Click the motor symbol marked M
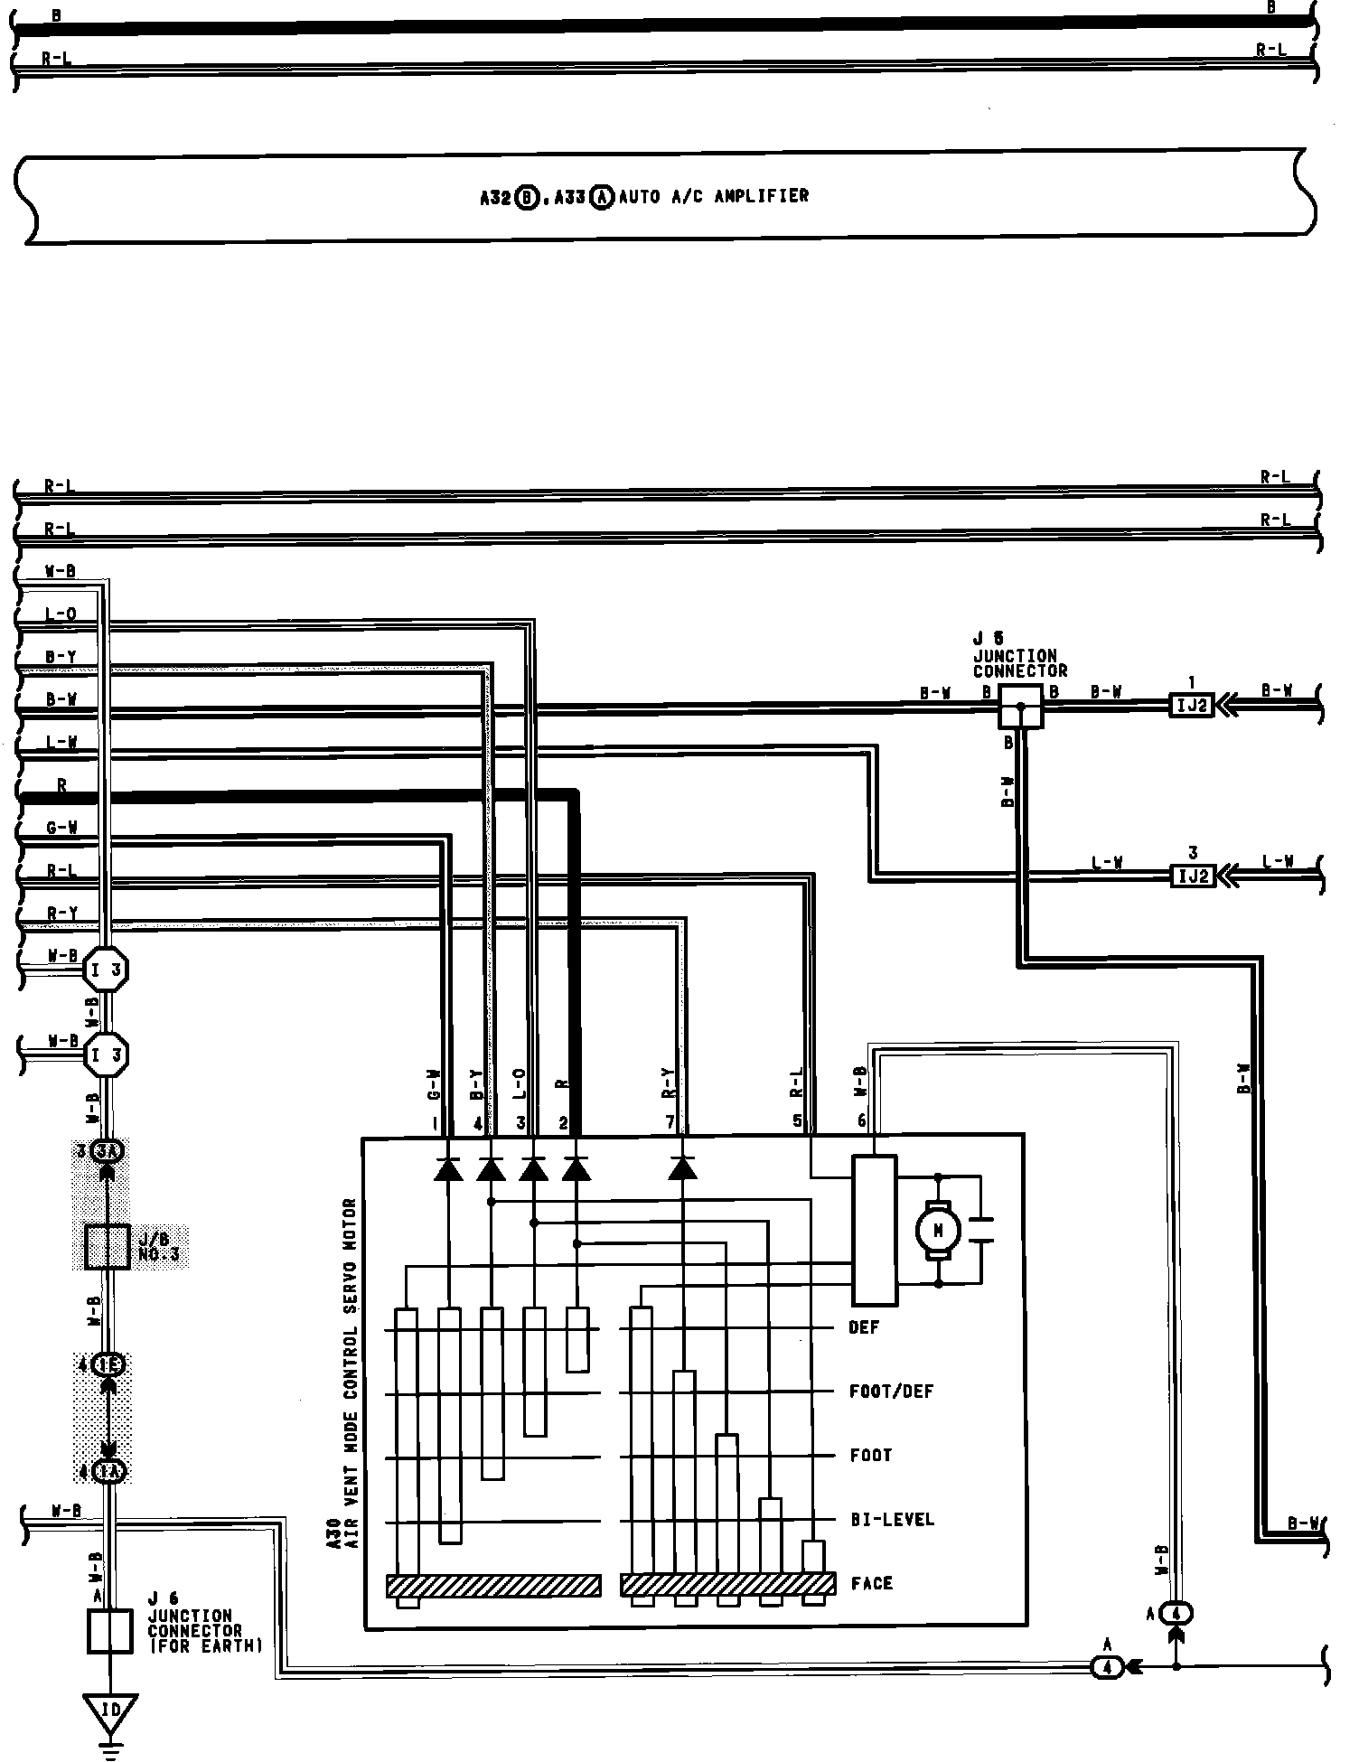tap(938, 1230)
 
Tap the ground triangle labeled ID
tap(110, 1711)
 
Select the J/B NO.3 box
tap(108, 1247)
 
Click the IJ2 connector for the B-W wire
tap(1192, 704)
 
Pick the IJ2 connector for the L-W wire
tap(1192, 875)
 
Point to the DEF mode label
tap(863, 1327)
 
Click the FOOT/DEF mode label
tap(891, 1392)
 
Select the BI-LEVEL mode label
tap(892, 1519)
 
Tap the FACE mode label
tap(871, 1583)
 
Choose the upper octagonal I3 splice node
tap(107, 971)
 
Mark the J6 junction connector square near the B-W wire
tap(1020, 706)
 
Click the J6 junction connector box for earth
tap(108, 1631)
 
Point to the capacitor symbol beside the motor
tap(980, 1230)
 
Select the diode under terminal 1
tap(448, 1168)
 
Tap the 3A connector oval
tap(108, 1151)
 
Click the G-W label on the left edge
tap(61, 828)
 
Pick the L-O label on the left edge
tap(61, 615)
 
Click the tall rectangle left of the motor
tap(875, 1230)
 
